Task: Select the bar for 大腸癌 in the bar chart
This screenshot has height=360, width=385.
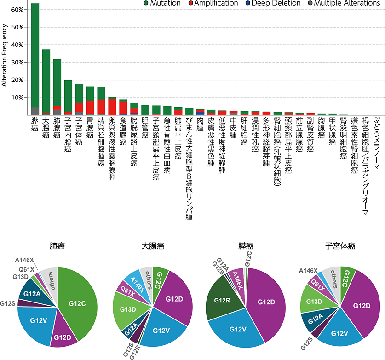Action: [46, 81]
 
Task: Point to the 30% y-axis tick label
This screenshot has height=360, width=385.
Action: [17, 63]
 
